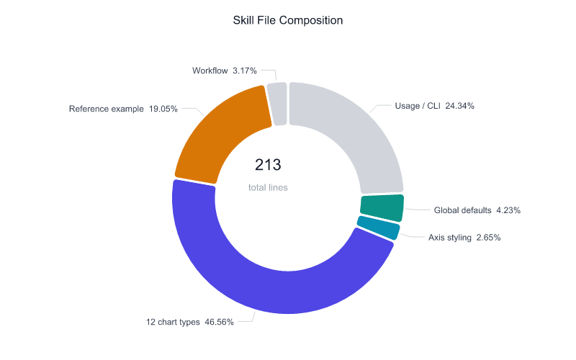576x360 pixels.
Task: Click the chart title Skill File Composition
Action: tap(288, 20)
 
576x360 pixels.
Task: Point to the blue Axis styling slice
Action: tap(378, 228)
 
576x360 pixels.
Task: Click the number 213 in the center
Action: tap(267, 165)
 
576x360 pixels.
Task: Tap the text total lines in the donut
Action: tap(267, 187)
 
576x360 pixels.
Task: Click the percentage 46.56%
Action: tap(219, 322)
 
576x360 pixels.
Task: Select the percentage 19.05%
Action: tap(163, 109)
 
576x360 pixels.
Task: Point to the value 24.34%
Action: tap(459, 106)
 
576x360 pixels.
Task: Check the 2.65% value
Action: tap(486, 237)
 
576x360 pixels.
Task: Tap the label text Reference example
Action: tap(106, 109)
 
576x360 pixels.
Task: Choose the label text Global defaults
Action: tap(462, 211)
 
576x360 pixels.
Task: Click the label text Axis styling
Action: tap(448, 237)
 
